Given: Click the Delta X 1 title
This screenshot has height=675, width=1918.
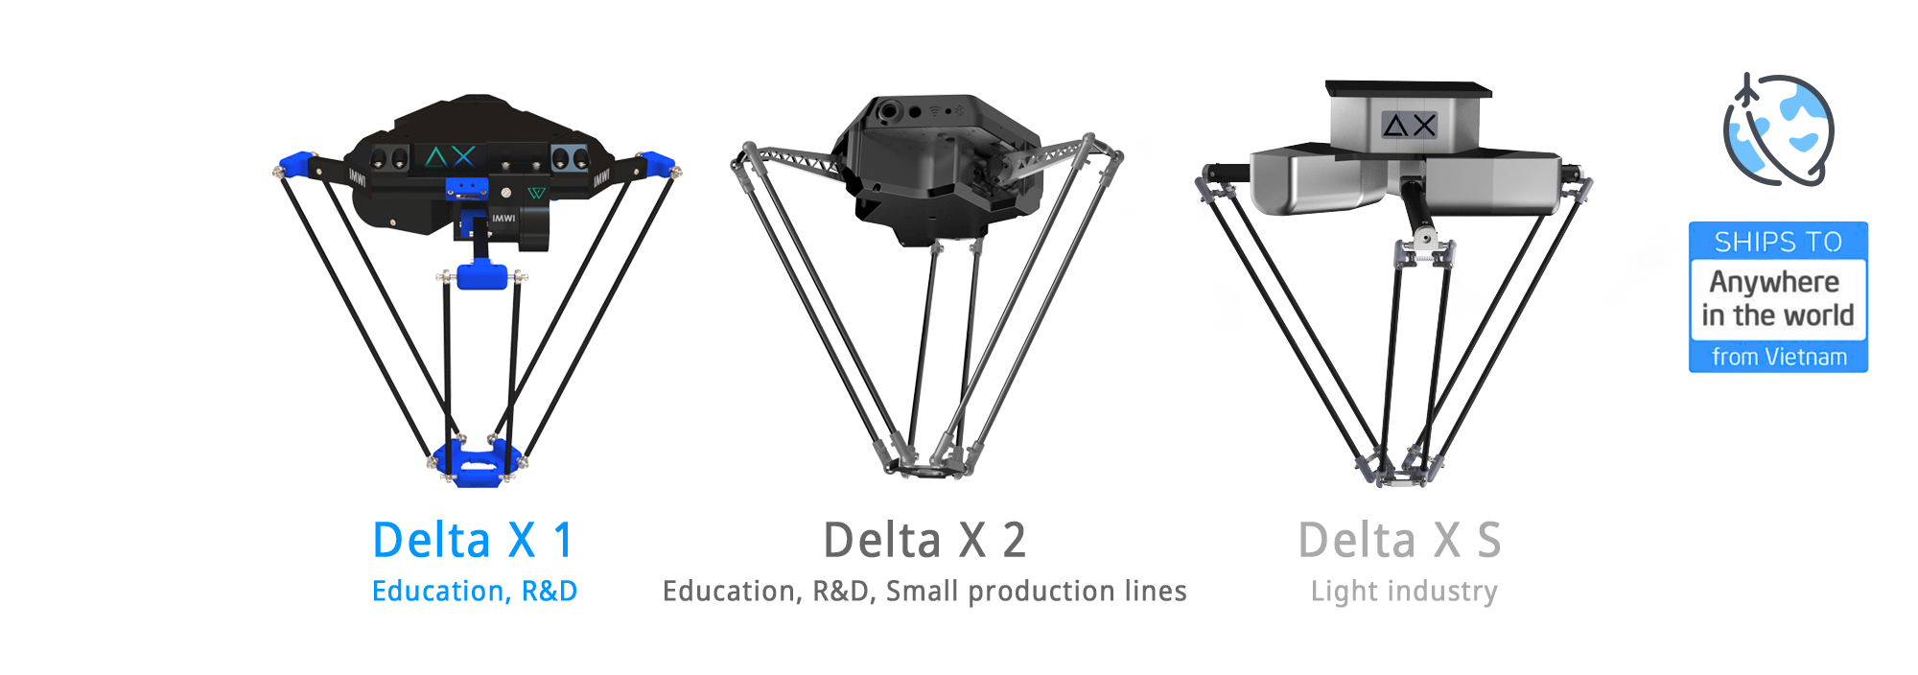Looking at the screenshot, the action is point(473,540).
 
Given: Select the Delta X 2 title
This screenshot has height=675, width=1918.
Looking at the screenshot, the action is point(924,540).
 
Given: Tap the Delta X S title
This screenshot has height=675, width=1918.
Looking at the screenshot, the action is point(1399,540).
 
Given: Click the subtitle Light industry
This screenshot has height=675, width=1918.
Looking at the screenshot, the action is point(1404,592).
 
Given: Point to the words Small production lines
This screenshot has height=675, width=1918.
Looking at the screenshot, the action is point(1037,591).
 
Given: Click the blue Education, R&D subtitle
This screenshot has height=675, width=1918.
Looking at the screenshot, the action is point(475,592).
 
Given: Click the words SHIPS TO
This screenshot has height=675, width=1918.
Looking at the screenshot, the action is point(1778,242).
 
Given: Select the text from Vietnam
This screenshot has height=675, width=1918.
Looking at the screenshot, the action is point(1779,357).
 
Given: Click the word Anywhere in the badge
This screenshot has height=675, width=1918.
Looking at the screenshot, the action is point(1774,282).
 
